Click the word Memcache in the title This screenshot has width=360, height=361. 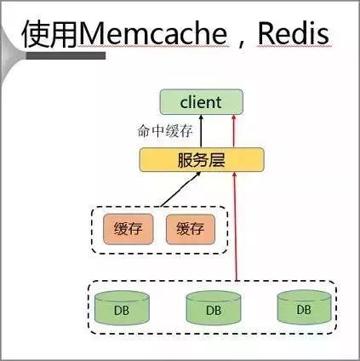point(153,34)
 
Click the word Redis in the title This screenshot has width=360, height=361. point(294,34)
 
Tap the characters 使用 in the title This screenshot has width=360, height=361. point(50,34)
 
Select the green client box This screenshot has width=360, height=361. point(202,102)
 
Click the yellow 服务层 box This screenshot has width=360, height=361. point(202,160)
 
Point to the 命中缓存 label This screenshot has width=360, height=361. point(165,131)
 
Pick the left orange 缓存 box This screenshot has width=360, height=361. point(129,229)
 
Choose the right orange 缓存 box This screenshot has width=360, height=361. point(191,229)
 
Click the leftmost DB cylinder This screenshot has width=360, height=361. point(122,308)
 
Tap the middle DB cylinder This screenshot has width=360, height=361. point(214,308)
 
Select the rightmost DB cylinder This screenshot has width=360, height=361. point(304,307)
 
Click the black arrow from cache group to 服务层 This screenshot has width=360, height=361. point(180,189)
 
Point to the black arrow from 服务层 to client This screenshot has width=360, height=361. point(201,131)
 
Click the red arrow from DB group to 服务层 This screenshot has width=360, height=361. point(235,226)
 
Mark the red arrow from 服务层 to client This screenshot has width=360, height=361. point(234,131)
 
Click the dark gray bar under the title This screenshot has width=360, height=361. point(66,55)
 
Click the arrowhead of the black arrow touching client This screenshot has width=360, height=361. point(201,117)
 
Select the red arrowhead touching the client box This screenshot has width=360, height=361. point(234,117)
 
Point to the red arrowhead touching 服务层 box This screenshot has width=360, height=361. point(235,175)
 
